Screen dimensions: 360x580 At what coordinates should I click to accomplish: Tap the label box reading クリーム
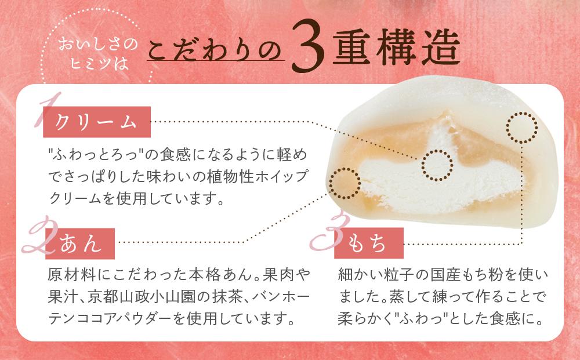tap(96, 122)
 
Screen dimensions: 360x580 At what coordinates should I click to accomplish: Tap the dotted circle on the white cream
tap(437, 165)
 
